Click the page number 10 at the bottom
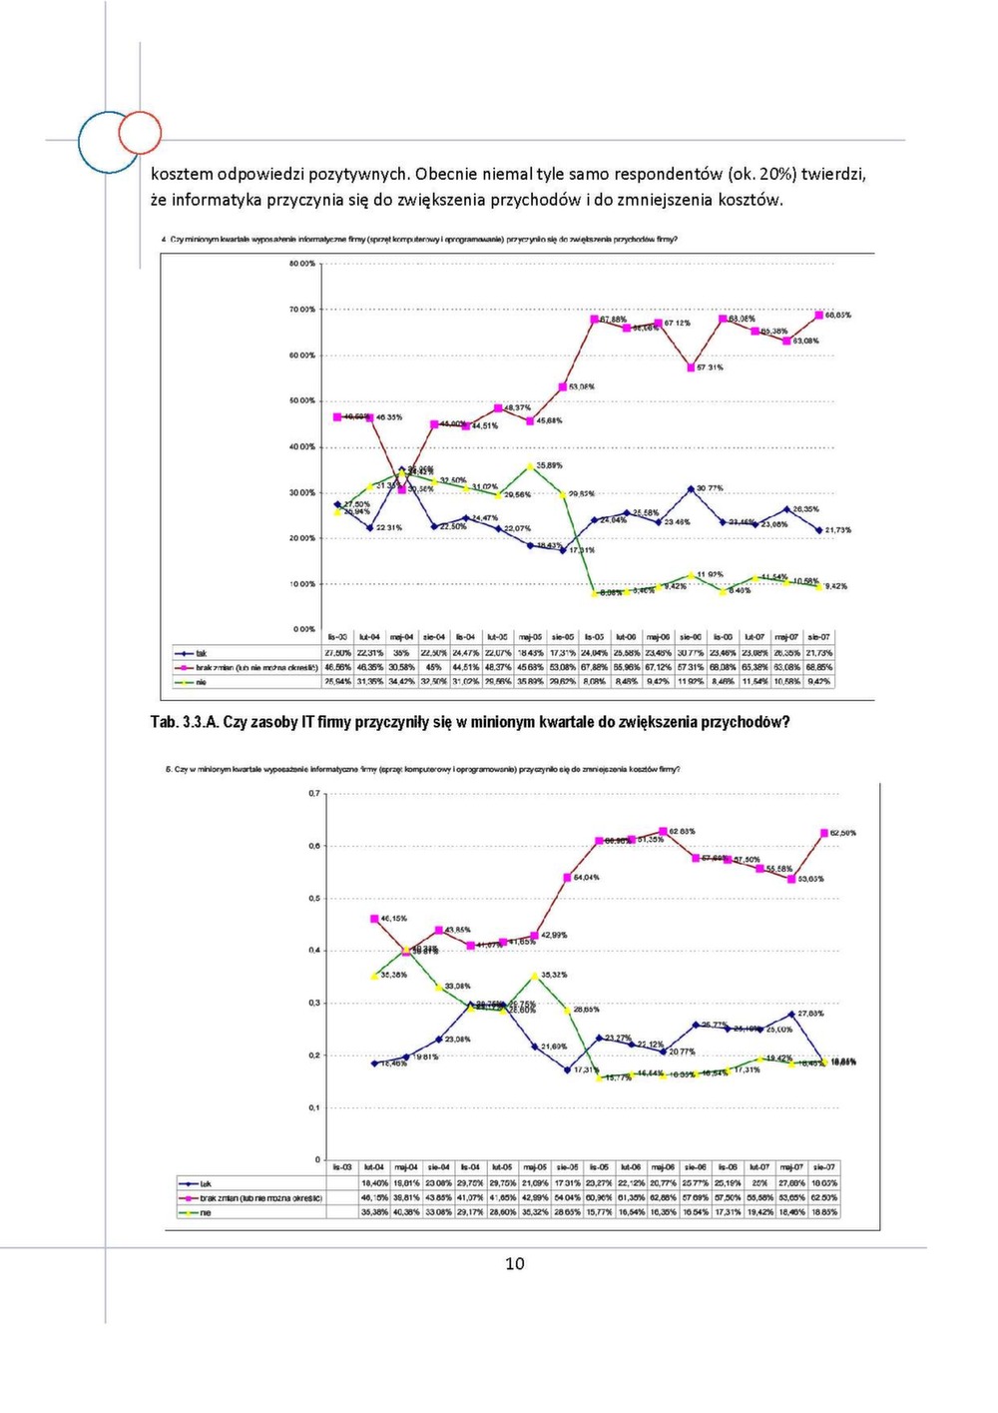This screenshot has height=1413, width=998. (514, 1263)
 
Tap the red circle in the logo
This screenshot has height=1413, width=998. (140, 132)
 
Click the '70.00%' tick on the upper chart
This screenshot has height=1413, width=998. (301, 310)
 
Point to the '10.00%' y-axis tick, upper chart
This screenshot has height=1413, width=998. (301, 584)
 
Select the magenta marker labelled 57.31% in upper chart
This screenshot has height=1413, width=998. (690, 367)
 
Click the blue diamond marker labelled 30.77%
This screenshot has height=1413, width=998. (691, 489)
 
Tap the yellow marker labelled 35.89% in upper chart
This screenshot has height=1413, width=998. (530, 466)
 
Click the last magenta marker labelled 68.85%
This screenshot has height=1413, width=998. (818, 316)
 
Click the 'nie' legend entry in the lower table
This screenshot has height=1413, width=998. (205, 1212)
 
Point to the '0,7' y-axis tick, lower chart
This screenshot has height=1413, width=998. (314, 794)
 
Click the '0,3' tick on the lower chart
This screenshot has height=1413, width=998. (314, 1003)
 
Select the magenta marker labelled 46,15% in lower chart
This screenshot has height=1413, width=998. (374, 919)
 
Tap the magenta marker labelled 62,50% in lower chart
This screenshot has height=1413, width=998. (824, 832)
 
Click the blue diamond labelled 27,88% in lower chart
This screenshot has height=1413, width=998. (791, 1015)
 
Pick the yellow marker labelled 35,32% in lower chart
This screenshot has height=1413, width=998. (535, 976)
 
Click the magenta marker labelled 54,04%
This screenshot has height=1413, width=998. (567, 878)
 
